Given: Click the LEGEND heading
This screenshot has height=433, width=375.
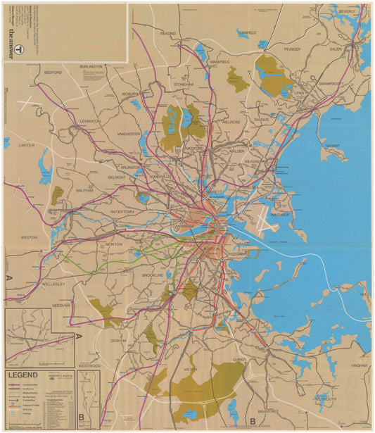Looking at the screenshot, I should (x=23, y=375).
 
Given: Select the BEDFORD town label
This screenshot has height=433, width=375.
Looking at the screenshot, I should (x=53, y=73).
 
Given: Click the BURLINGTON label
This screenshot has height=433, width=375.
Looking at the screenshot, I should (x=91, y=66).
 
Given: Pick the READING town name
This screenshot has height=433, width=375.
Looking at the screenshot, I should (x=168, y=33).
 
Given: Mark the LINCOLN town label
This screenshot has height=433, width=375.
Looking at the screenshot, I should (x=27, y=145).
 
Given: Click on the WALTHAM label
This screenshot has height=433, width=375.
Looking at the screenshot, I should (x=84, y=190).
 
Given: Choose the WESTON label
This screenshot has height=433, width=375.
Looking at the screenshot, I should (x=29, y=237).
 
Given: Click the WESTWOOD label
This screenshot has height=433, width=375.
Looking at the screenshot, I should (x=89, y=366).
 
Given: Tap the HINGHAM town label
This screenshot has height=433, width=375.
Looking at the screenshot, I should (x=359, y=366).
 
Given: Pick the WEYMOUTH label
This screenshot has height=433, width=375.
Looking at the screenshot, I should (x=325, y=398).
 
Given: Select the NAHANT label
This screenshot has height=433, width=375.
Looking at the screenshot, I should (x=332, y=146).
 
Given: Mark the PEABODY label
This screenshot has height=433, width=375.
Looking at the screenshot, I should (x=291, y=49).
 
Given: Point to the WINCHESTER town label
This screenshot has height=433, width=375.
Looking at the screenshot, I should (x=129, y=133).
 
